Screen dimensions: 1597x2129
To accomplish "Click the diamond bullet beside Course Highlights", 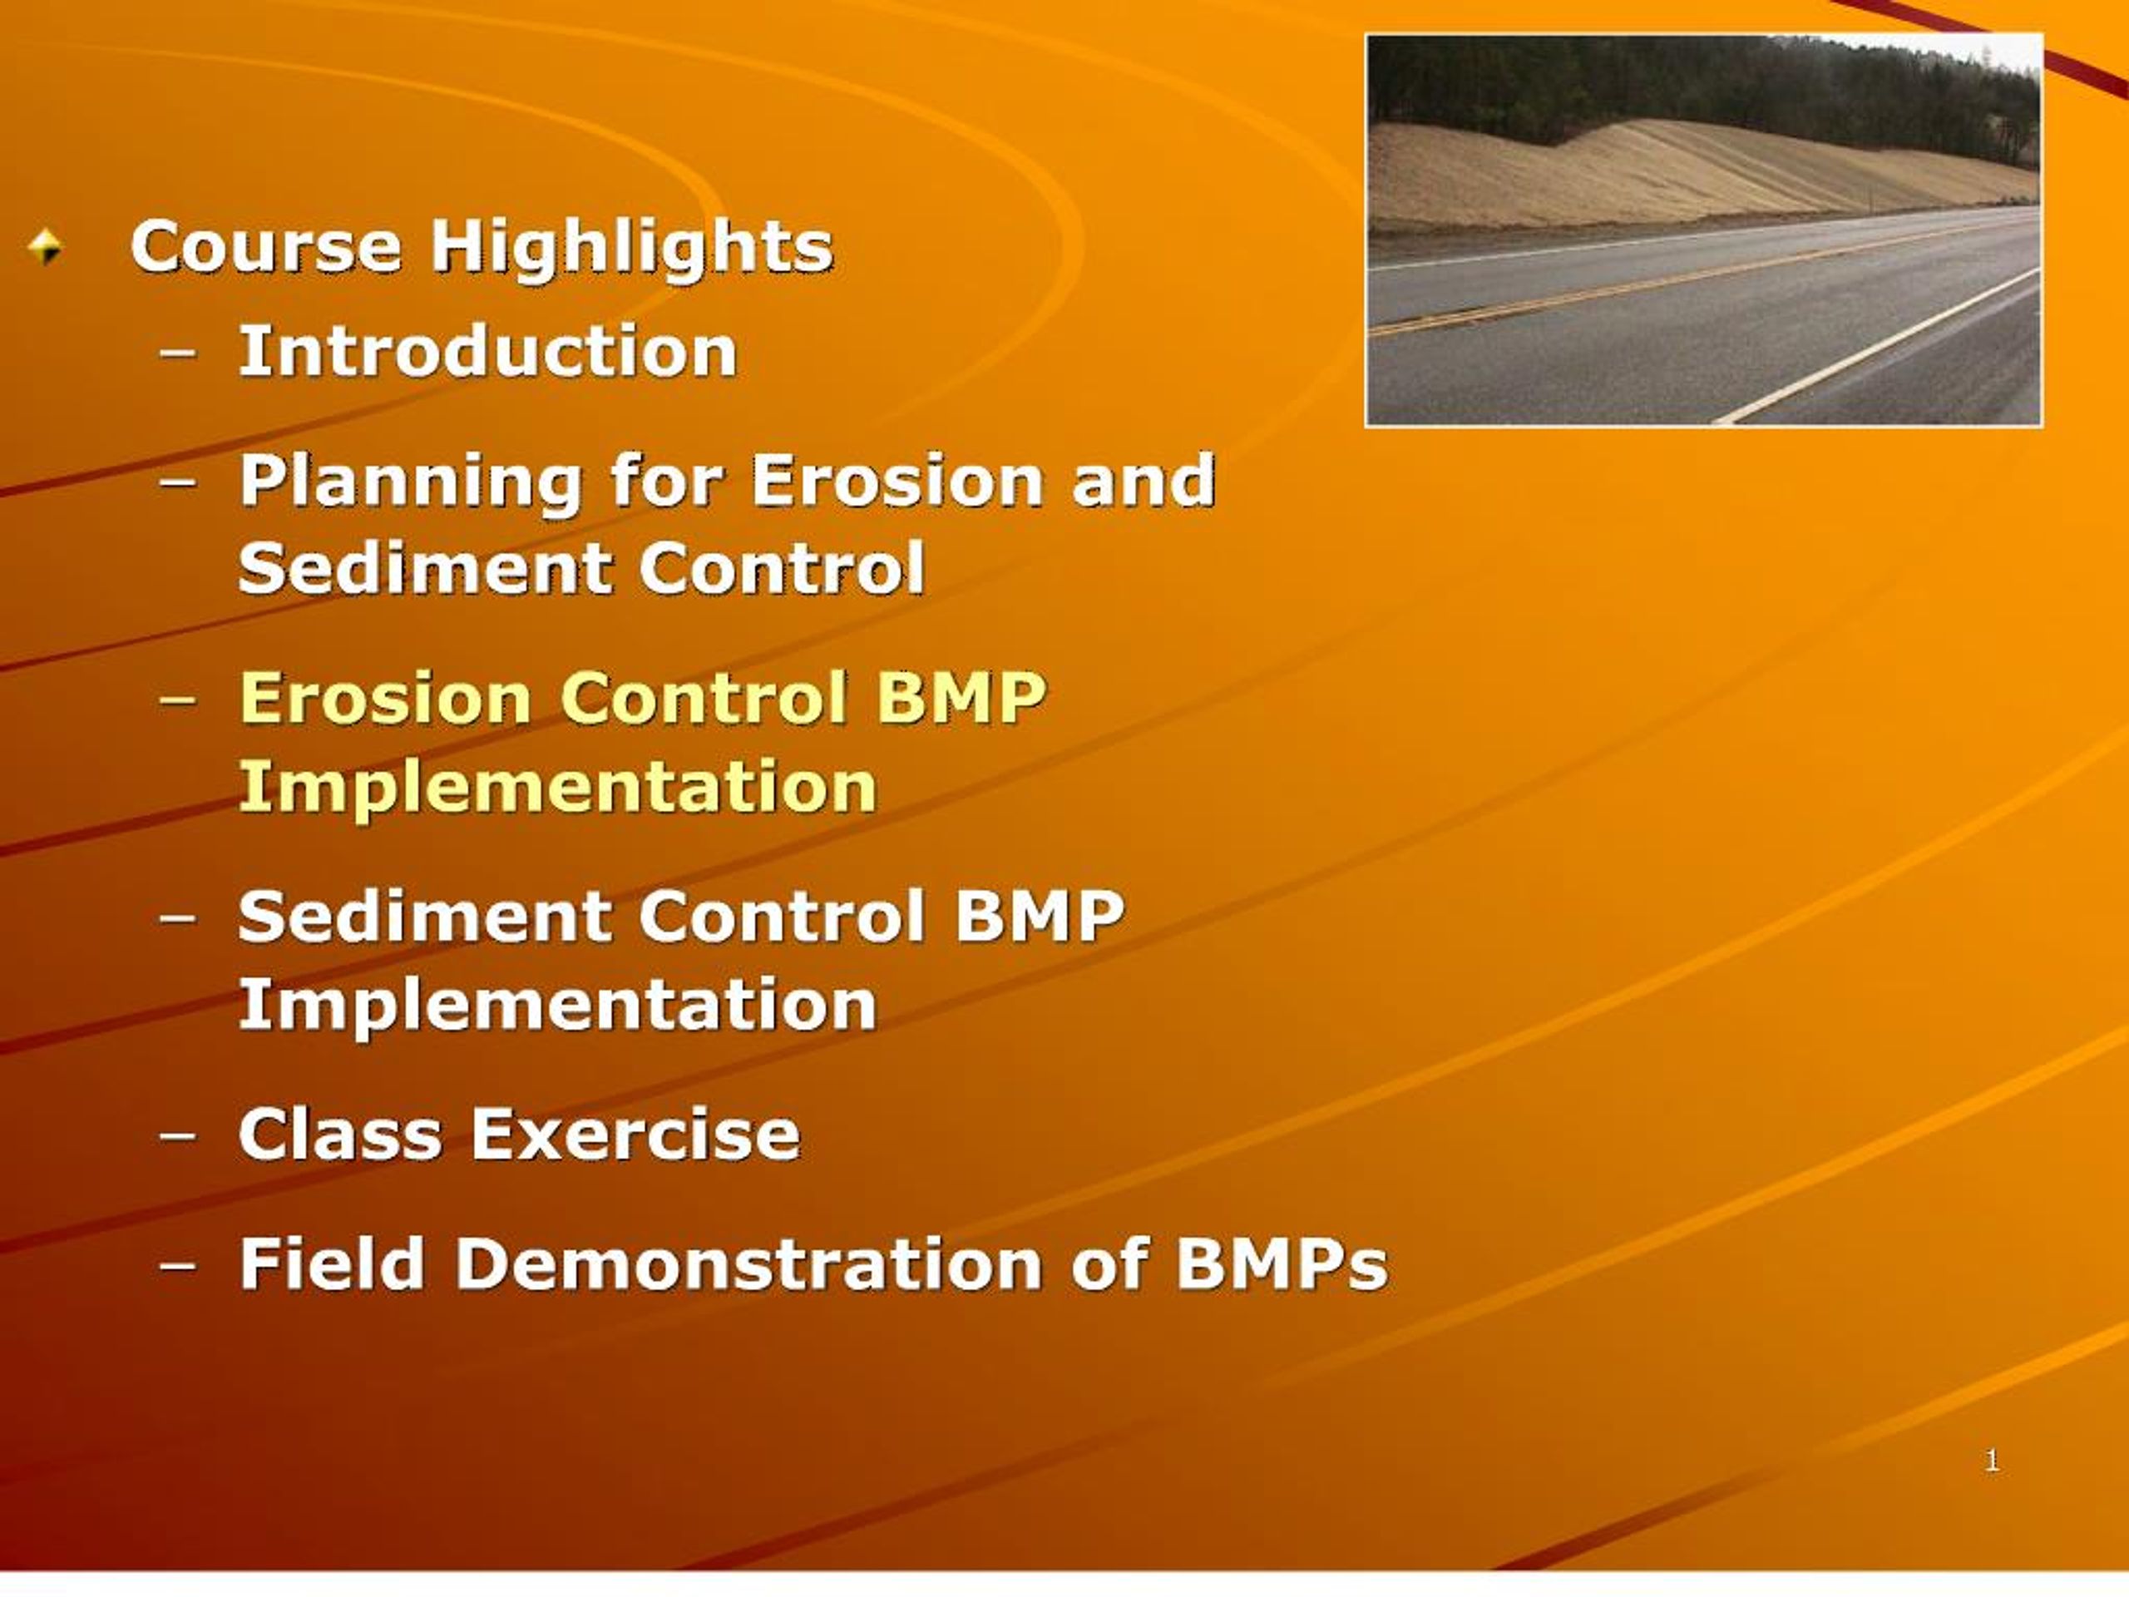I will click(45, 246).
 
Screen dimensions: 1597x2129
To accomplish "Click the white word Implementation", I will click(557, 1004).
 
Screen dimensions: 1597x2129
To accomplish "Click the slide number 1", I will click(1992, 1461).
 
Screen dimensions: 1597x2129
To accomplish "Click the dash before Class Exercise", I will click(178, 1135).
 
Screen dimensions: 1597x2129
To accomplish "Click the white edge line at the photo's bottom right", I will click(1886, 348).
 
